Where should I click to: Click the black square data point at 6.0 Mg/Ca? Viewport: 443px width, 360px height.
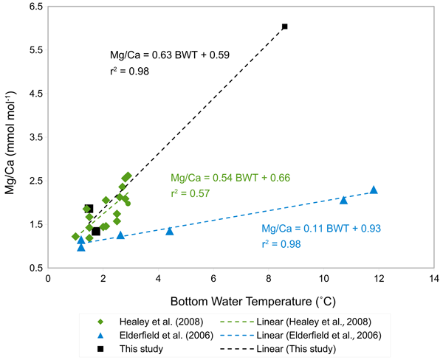[284, 27]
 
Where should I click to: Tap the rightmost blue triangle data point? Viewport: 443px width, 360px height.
[374, 190]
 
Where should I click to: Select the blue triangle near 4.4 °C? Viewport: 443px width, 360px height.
[170, 231]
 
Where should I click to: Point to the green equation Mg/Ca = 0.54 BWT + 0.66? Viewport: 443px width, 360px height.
[230, 178]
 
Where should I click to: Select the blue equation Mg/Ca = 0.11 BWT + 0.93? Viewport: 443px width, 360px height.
[321, 229]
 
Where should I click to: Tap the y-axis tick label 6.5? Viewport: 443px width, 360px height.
[32, 7]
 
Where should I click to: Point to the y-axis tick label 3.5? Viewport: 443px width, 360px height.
[32, 137]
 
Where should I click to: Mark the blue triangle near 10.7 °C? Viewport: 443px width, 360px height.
[343, 200]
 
